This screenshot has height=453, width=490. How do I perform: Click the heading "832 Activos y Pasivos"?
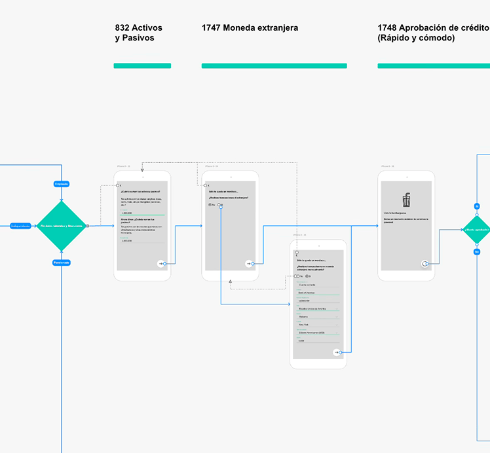[139, 33]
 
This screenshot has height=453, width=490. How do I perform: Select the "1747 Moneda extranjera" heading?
[250, 28]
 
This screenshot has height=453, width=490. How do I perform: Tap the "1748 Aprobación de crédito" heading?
[433, 33]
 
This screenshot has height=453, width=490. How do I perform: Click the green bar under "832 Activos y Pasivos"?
[142, 65]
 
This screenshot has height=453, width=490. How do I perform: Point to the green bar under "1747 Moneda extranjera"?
[274, 65]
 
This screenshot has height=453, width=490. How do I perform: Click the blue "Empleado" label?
[62, 184]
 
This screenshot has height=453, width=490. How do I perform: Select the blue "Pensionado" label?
[62, 263]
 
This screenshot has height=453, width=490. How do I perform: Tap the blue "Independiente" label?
[20, 226]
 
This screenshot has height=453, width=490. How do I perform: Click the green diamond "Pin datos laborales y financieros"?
[62, 226]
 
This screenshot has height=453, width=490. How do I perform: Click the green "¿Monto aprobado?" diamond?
[477, 229]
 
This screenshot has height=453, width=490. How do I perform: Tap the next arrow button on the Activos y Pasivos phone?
[160, 263]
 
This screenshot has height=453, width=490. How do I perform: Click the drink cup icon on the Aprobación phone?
[406, 201]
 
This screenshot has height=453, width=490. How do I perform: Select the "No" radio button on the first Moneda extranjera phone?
[211, 205]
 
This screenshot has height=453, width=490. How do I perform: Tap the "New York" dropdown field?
[318, 324]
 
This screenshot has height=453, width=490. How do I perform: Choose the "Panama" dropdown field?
[318, 316]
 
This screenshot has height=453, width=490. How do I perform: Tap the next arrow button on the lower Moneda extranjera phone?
[337, 352]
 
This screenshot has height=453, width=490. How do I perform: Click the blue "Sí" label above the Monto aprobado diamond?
[477, 206]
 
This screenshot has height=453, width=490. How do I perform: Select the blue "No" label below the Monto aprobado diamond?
[477, 251]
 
